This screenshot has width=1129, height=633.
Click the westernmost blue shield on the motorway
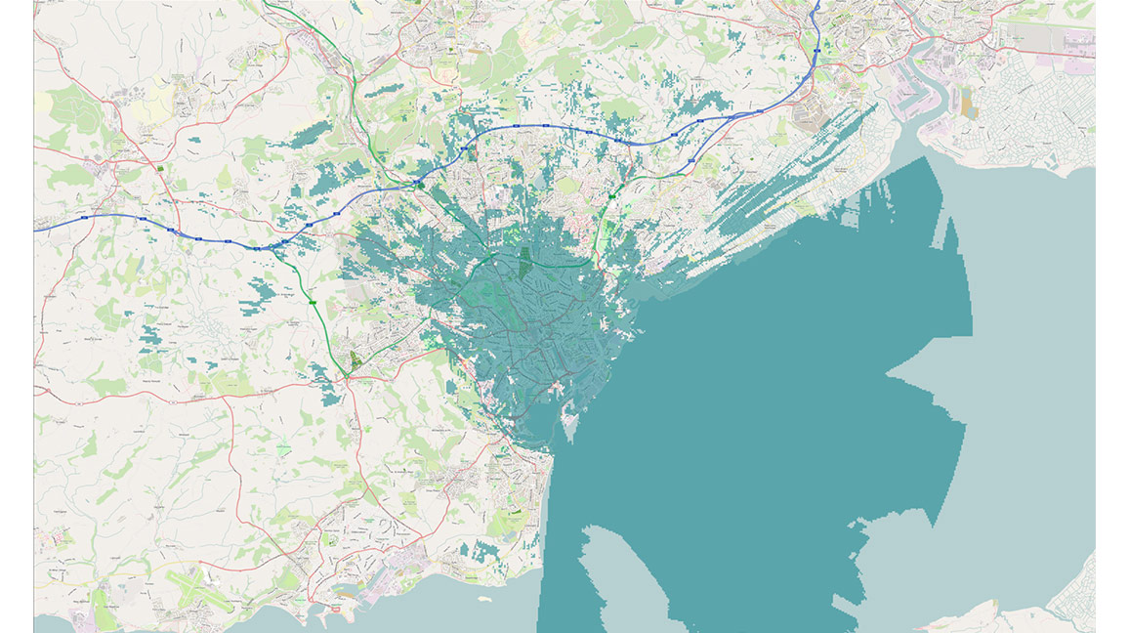pos(86,216)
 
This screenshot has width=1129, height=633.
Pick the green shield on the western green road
pos(313,304)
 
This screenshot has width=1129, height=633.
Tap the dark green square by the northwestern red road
pos(159,169)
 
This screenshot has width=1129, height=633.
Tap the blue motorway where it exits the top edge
pos(818,4)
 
